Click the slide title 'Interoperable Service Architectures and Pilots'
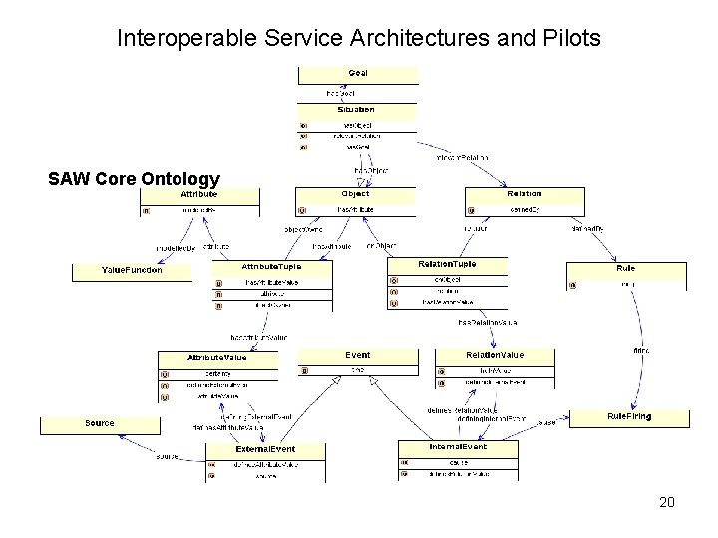(359, 39)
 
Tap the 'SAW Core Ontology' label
(134, 179)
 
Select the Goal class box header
(357, 73)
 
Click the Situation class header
(357, 109)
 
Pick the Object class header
(355, 194)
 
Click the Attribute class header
(199, 196)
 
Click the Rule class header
(625, 268)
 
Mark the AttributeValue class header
(217, 357)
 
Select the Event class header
(357, 355)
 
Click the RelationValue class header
(494, 355)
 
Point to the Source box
(100, 423)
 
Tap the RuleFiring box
(628, 417)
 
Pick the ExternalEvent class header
(265, 449)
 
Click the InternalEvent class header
(458, 448)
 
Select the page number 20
(667, 502)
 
